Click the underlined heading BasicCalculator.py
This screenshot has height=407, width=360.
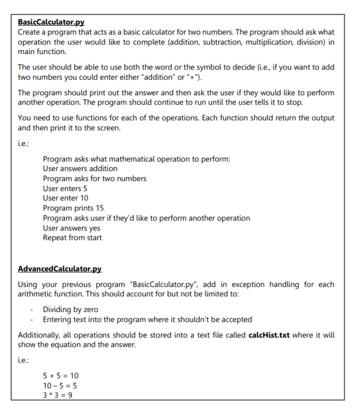coord(51,22)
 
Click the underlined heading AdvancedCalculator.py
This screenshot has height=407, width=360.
coord(60,269)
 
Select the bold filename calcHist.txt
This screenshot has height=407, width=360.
coord(267,335)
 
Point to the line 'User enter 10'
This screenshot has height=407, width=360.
coord(65,198)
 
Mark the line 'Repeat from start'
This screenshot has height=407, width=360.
coord(72,238)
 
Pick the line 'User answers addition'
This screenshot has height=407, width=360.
coord(80,168)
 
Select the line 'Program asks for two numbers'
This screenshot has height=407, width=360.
coord(95,178)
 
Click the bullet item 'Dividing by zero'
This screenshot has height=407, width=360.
coord(71,310)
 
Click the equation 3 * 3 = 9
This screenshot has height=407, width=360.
coord(57,395)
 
